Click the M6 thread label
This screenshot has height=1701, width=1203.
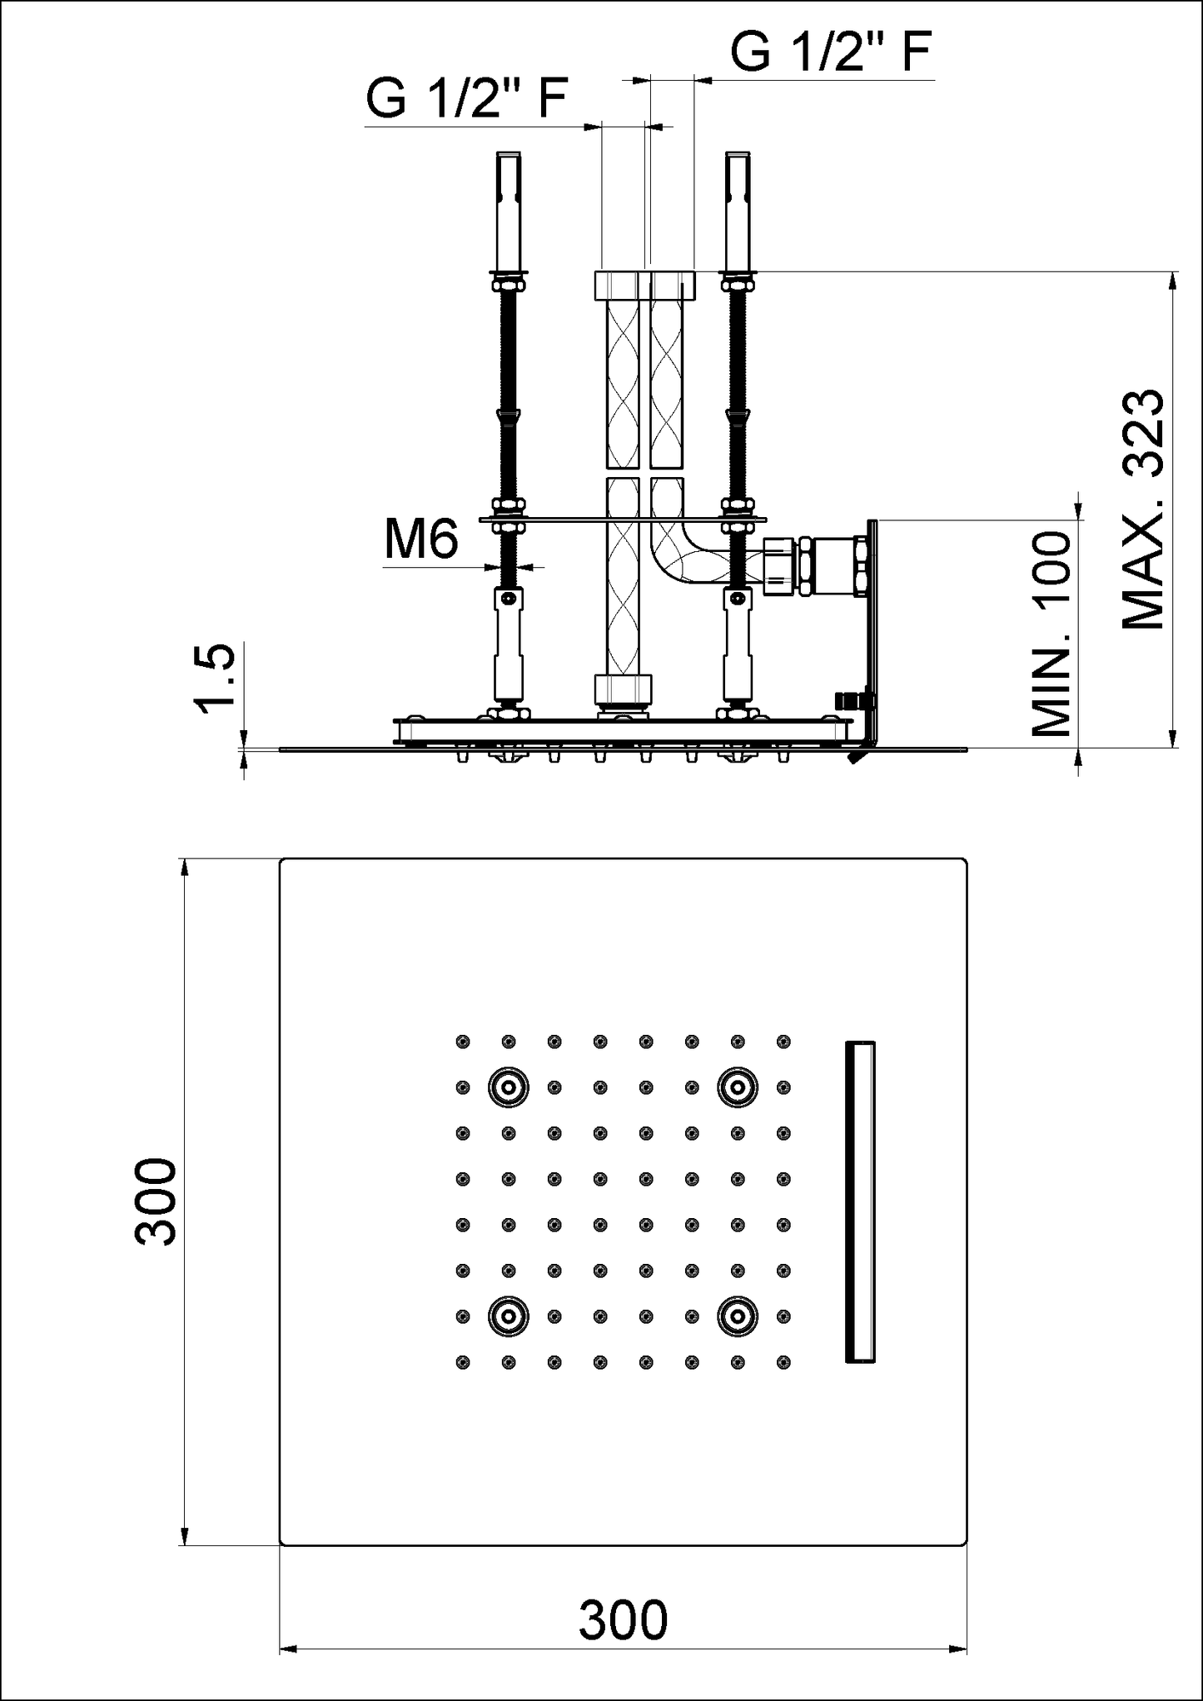(421, 540)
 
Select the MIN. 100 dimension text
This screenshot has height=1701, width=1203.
(1051, 634)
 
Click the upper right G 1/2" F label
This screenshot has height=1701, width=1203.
(831, 52)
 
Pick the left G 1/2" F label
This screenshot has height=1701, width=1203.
(467, 100)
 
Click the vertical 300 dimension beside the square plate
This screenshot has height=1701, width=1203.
(157, 1201)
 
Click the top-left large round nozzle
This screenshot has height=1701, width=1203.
(508, 1087)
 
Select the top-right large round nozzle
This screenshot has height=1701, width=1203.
(738, 1087)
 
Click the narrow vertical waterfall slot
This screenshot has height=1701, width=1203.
(860, 1201)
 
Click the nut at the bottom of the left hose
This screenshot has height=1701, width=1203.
(623, 689)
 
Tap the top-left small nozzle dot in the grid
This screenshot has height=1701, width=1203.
(463, 1041)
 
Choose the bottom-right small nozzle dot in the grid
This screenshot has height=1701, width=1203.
(783, 1362)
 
